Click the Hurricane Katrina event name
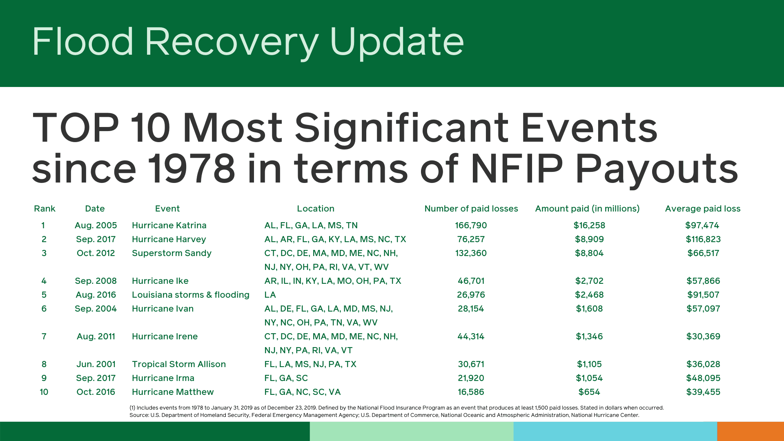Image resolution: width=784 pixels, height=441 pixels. click(169, 225)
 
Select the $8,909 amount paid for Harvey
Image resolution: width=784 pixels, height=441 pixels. click(589, 239)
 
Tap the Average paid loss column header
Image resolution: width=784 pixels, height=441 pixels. click(702, 209)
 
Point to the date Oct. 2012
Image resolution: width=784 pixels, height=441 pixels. click(96, 253)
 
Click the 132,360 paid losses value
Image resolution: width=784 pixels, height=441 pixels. click(471, 253)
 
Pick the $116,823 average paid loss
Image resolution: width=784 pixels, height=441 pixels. click(703, 239)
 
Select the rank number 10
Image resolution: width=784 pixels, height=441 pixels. click(44, 392)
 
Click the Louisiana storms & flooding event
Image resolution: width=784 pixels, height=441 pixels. click(190, 295)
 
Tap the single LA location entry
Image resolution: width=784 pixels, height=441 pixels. click(270, 295)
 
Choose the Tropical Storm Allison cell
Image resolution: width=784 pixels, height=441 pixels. click(178, 364)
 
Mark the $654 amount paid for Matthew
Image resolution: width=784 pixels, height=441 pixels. click(589, 392)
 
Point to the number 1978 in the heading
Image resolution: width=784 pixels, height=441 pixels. click(191, 168)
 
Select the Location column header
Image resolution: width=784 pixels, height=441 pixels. click(315, 209)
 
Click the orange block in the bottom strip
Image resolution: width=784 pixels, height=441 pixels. click(750, 431)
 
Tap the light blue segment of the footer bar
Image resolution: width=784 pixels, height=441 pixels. click(615, 431)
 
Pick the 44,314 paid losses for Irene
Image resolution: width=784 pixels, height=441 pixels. click(471, 336)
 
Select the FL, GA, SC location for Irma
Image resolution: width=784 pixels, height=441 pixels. click(286, 378)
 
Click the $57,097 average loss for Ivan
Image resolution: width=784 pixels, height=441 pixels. click(703, 309)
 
